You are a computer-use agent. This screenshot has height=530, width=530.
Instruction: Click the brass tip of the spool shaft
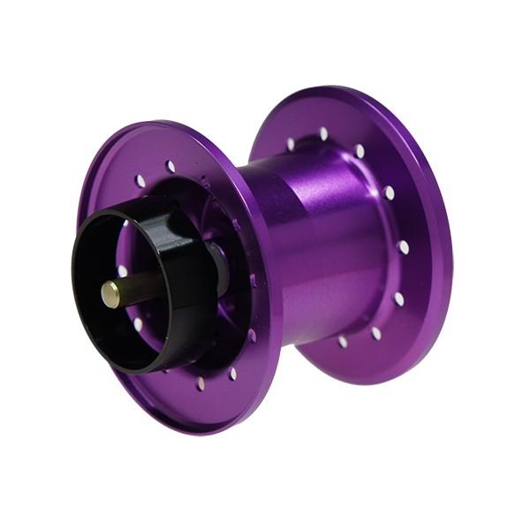coord(110,294)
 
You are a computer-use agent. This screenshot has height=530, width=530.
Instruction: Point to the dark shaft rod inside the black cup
coord(141,287)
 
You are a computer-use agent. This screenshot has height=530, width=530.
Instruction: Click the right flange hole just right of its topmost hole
coord(360,151)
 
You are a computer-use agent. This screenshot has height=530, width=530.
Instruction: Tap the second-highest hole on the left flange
coord(140,181)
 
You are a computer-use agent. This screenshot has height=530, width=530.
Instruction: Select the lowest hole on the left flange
coord(201,383)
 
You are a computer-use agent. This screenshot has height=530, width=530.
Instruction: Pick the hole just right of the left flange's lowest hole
coord(232,374)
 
